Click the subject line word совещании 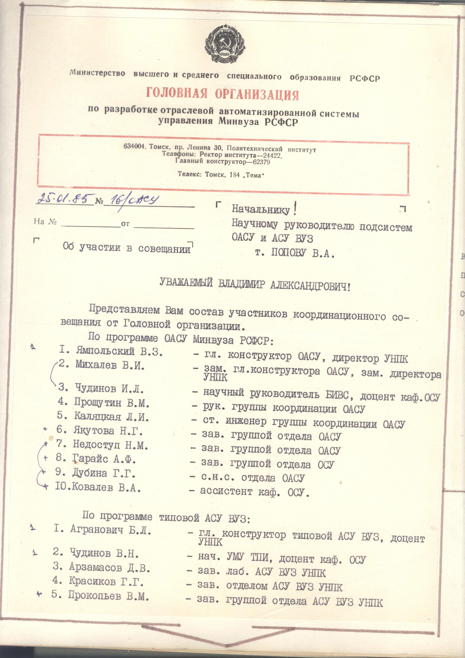click(164, 249)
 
